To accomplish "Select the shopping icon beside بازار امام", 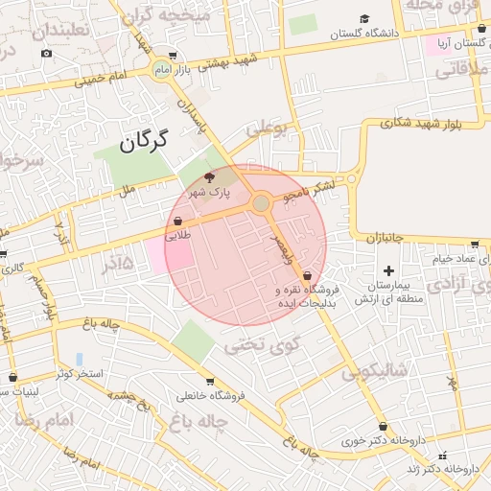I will (173, 56).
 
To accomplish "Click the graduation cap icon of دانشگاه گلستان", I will (365, 19).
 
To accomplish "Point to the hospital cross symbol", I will (388, 271).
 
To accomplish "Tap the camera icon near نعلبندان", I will (46, 53).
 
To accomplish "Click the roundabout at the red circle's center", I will (261, 202).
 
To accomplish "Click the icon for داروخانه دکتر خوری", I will (383, 426).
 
